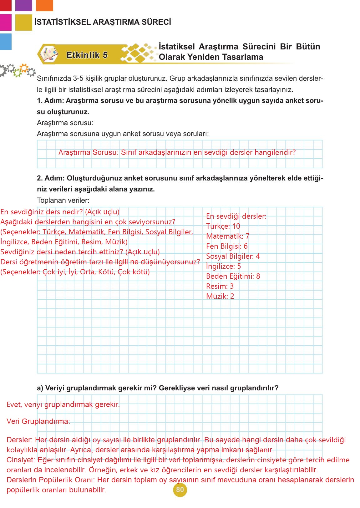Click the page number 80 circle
[180, 490]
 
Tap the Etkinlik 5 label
[87, 55]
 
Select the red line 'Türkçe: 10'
[223, 226]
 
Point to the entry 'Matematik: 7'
[228, 236]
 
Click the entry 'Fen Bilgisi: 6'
[227, 246]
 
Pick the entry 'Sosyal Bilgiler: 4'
[233, 256]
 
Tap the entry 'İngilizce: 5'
[223, 266]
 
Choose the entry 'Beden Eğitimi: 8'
[233, 276]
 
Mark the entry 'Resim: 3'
[220, 286]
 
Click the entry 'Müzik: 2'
[220, 296]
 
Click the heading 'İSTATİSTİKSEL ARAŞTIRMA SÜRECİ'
[103, 22]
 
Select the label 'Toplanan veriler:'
[63, 200]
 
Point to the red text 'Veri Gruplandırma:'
[38, 421]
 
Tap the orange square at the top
[44, 5]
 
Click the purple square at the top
[23, 5]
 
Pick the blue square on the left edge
[6, 42]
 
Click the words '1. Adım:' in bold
[50, 101]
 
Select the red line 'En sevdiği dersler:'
[236, 216]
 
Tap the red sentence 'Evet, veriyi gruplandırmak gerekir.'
[63, 404]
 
